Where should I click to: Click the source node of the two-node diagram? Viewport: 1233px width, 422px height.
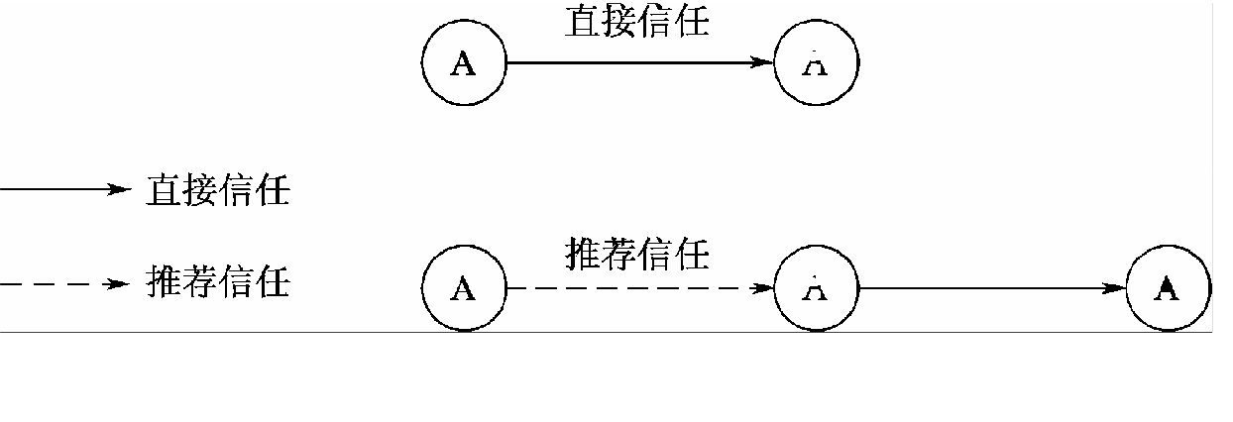(464, 63)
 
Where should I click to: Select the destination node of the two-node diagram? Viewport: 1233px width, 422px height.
(816, 63)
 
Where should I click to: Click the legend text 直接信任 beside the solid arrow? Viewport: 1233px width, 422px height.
(218, 190)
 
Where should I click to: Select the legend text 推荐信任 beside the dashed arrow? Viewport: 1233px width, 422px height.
(218, 283)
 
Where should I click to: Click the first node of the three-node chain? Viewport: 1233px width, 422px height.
(464, 288)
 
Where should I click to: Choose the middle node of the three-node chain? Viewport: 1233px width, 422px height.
(816, 288)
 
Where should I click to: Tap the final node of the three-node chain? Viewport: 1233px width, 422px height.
(1168, 288)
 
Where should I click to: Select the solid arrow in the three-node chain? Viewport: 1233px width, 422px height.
(991, 288)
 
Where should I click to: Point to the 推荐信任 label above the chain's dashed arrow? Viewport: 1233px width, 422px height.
(637, 255)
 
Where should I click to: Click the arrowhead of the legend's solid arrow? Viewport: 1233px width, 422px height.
(120, 190)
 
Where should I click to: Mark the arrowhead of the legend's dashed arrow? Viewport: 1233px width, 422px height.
(120, 284)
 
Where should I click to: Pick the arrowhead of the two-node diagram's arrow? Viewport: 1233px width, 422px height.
(762, 62)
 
